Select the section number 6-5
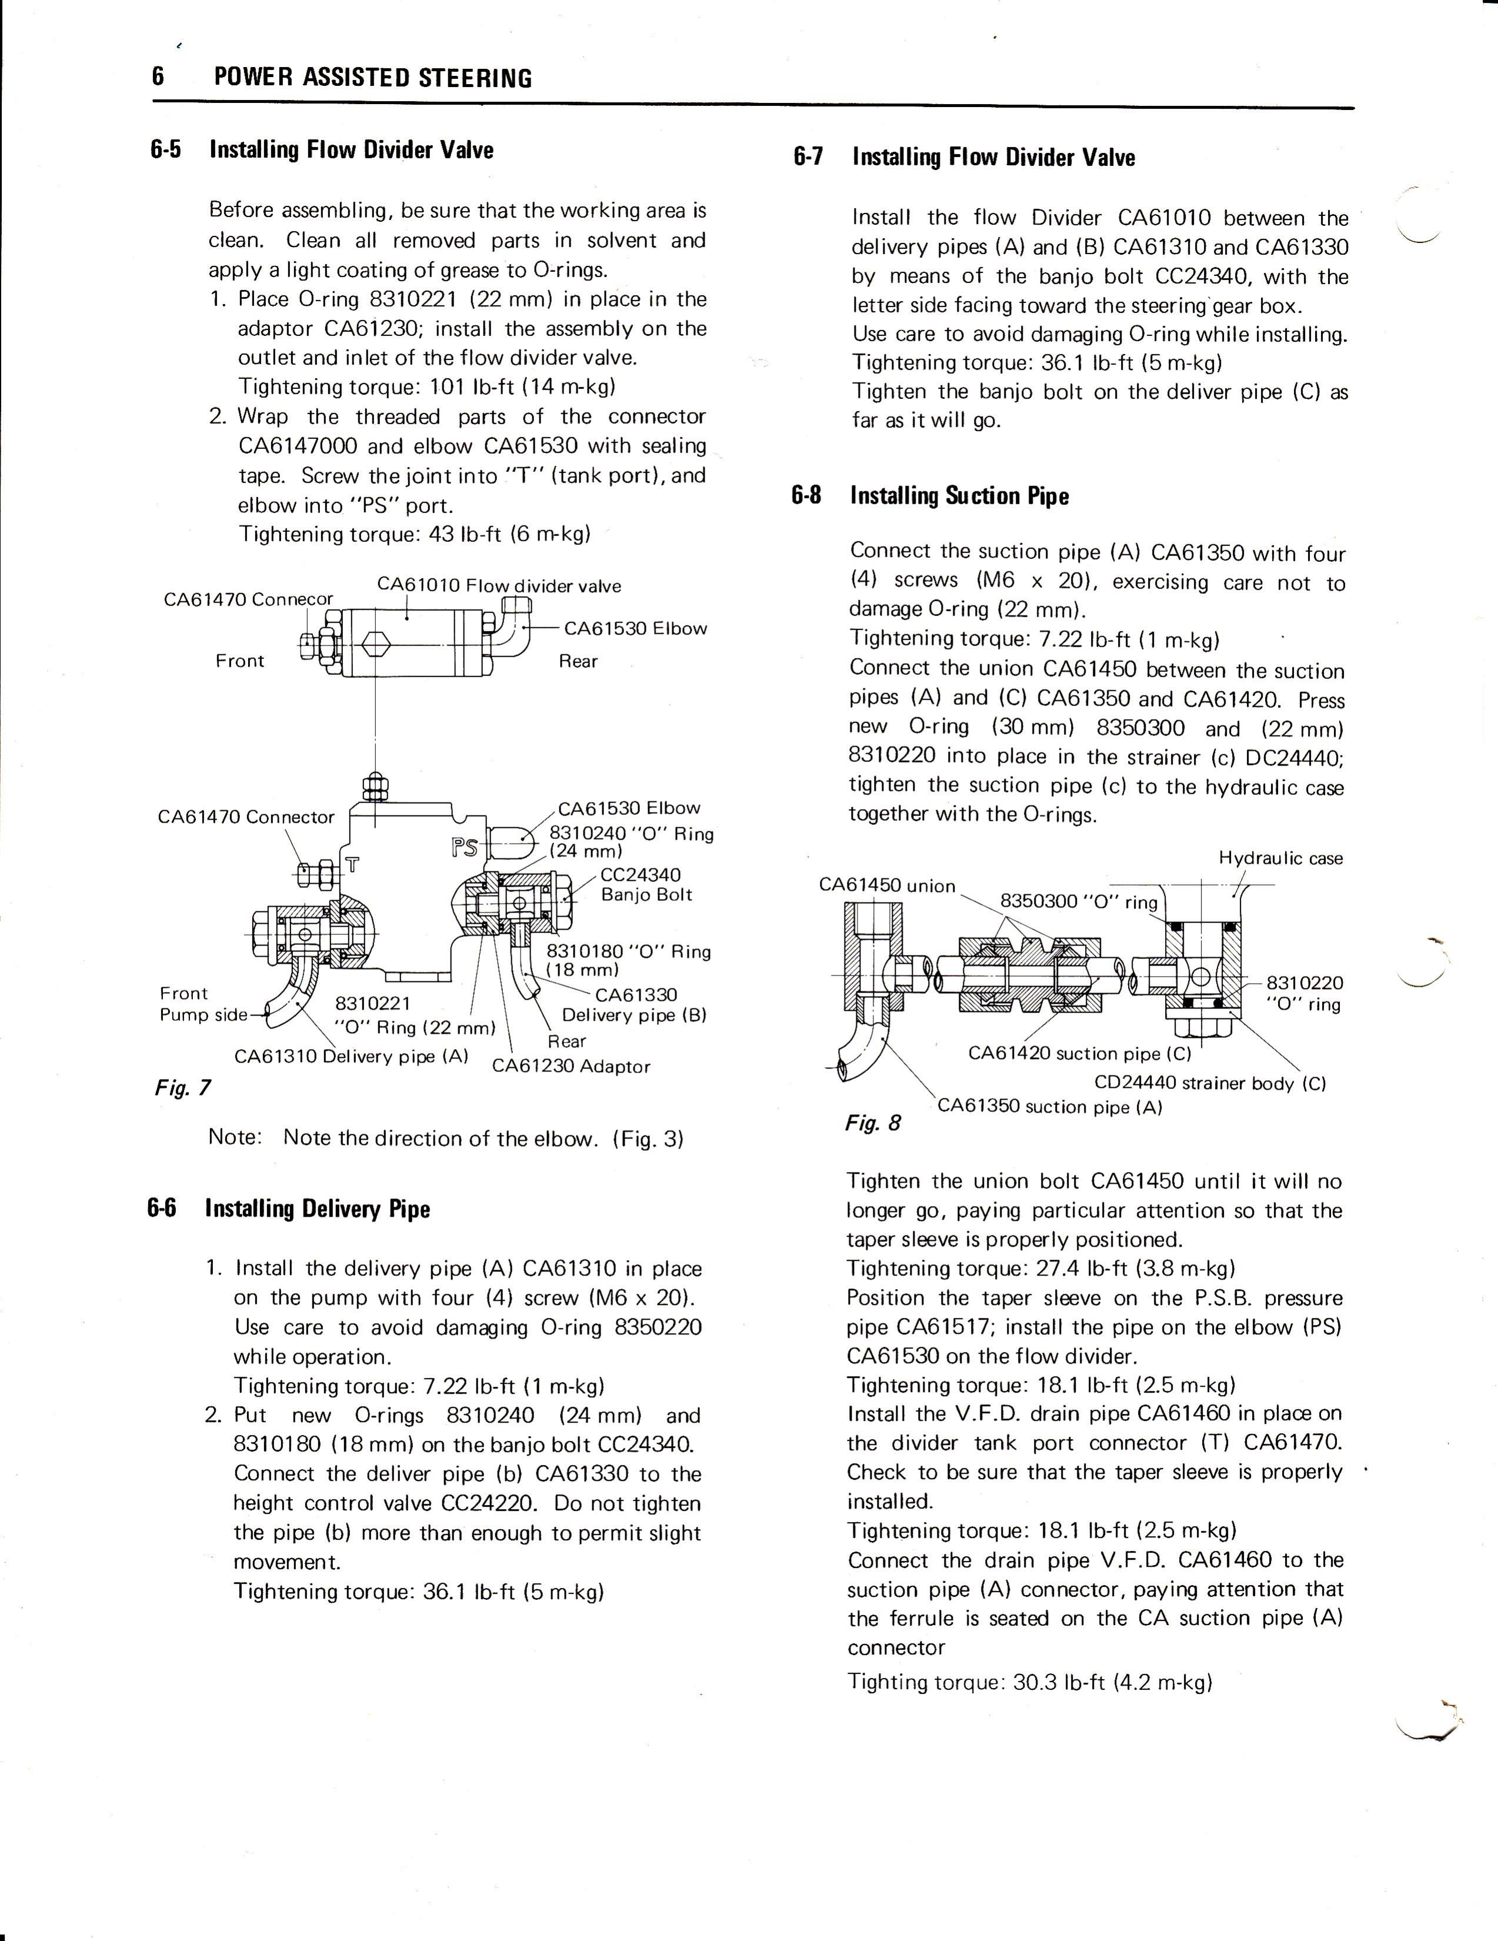[166, 149]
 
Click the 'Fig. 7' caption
[181, 1087]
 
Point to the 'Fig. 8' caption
[872, 1123]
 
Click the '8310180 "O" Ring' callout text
[628, 960]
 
